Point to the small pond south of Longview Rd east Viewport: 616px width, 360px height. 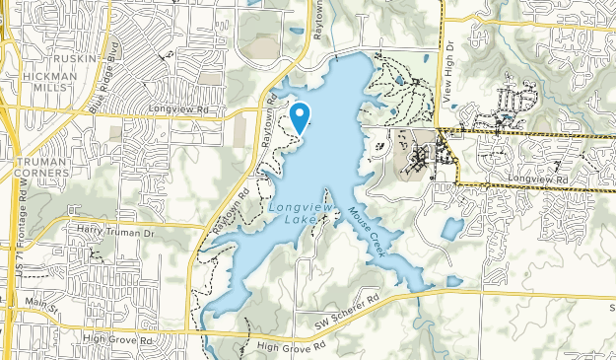pyautogui.click(x=451, y=230)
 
